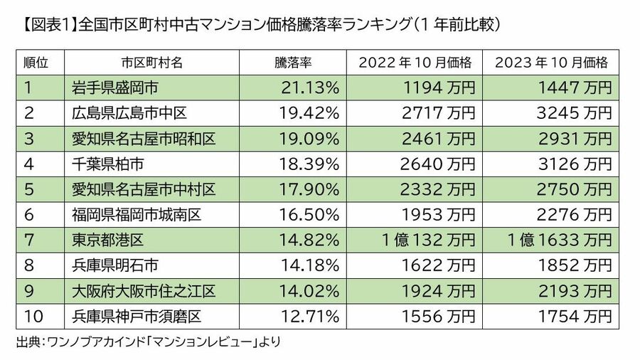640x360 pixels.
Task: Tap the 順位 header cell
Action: [36, 63]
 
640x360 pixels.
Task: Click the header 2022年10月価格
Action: [416, 63]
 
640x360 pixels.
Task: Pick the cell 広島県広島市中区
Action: [128, 113]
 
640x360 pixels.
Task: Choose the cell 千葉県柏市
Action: [108, 164]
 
